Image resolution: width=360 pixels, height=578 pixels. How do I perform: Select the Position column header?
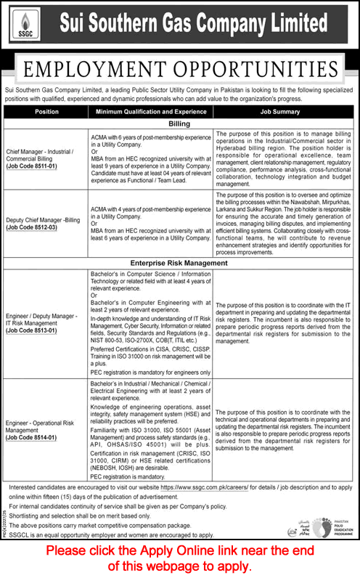coord(46,113)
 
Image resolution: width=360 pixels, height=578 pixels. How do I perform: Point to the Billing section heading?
coord(180,124)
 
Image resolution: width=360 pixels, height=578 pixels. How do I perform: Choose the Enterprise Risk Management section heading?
coord(180,262)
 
